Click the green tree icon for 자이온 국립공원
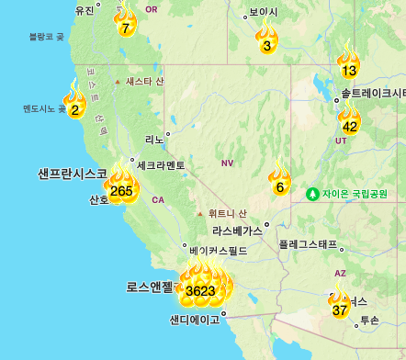pos(313,194)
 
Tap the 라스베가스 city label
pos(237,231)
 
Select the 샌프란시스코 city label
pos(73,173)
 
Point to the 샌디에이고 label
pos(195,321)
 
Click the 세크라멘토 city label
pos(161,165)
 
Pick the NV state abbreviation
pos(228,163)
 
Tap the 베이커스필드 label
pos(216,250)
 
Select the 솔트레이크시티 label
pos(372,93)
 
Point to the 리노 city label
pos(153,139)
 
